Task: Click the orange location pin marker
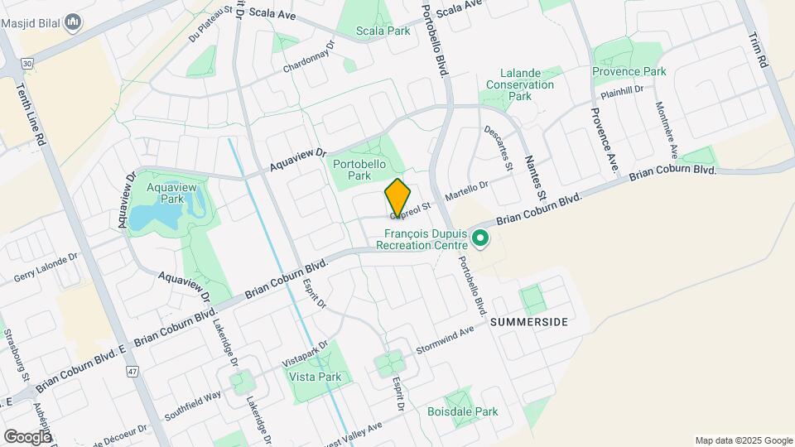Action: pyautogui.click(x=398, y=198)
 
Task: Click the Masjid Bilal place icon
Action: pyautogui.click(x=73, y=21)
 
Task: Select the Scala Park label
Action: pyautogui.click(x=383, y=31)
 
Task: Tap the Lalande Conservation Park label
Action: pyautogui.click(x=519, y=84)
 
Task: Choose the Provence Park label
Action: pyautogui.click(x=629, y=71)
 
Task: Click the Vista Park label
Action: pyautogui.click(x=315, y=377)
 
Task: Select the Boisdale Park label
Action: pyautogui.click(x=462, y=411)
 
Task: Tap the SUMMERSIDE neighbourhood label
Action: pyautogui.click(x=530, y=322)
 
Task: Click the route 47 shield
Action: pyautogui.click(x=131, y=372)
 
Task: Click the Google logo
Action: pyautogui.click(x=28, y=436)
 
